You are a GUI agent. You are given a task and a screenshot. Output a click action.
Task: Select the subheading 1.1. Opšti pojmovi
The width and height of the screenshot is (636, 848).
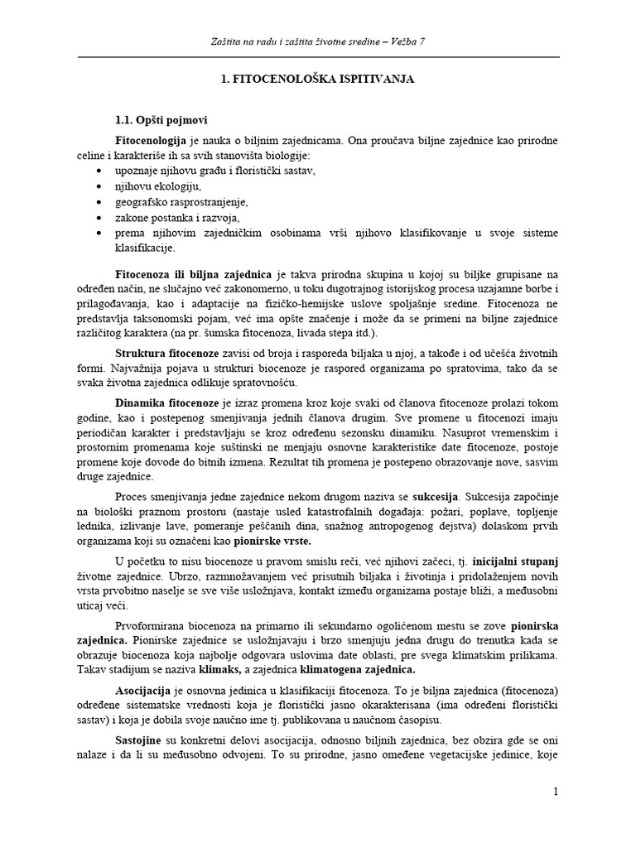(159, 119)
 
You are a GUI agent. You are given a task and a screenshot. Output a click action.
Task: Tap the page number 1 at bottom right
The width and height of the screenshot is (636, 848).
(557, 793)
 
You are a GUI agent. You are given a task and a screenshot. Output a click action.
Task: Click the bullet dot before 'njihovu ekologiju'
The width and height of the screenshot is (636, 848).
(99, 185)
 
